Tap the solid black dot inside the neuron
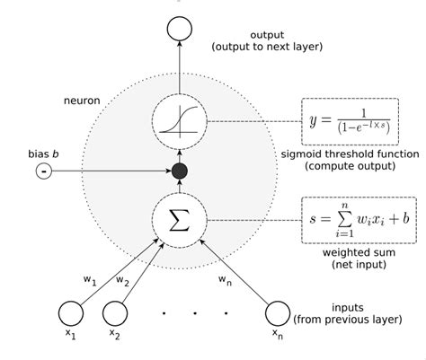[x=179, y=171]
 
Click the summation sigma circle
[x=179, y=218]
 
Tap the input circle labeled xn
[x=278, y=312]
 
